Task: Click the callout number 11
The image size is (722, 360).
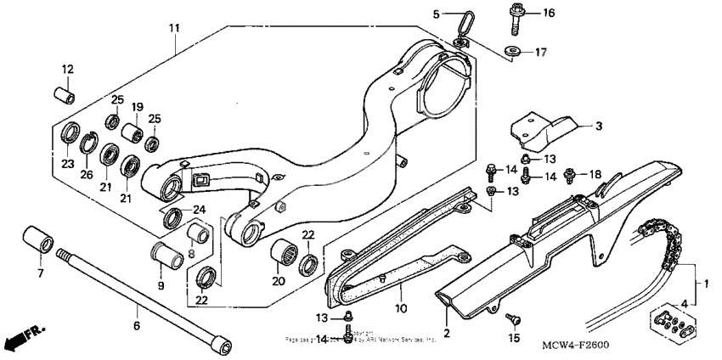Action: point(174,28)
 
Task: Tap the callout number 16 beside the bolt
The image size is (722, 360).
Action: point(548,13)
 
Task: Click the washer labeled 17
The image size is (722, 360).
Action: point(513,52)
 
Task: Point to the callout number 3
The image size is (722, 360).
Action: point(598,127)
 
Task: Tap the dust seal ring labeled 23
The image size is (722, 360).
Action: point(68,136)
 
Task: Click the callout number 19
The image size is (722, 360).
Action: point(136,107)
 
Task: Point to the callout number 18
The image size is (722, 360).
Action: point(595,174)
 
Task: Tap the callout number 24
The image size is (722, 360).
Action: point(200,210)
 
